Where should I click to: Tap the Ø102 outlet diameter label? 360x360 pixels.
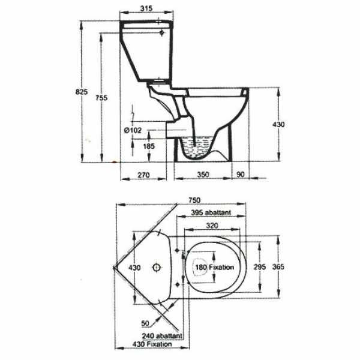(132, 130)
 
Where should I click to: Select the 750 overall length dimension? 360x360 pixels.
(193, 200)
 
